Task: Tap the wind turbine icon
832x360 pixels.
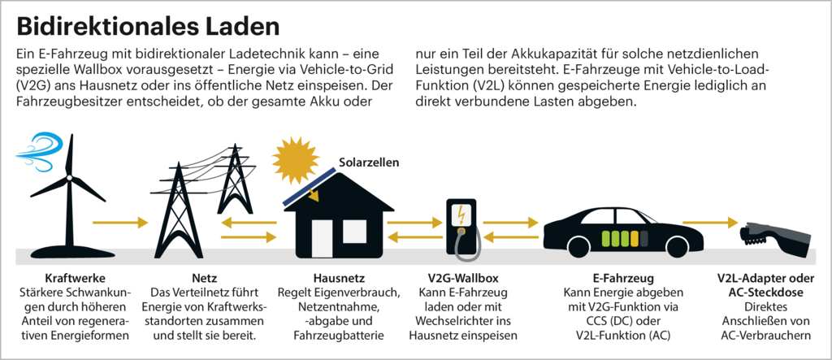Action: coord(68,195)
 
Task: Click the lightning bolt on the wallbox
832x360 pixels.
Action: coord(461,215)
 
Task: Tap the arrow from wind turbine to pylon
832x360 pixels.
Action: coord(120,222)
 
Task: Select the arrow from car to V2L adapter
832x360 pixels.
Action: coord(710,222)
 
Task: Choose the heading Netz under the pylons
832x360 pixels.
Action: coord(204,278)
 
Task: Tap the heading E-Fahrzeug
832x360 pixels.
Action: coord(623,278)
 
